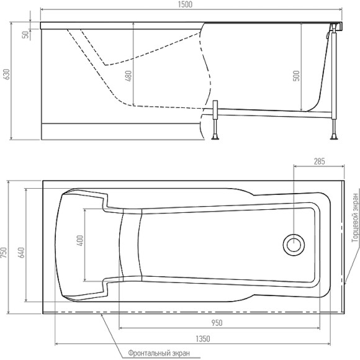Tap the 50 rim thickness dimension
tap(25, 34)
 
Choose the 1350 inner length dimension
tap(199, 338)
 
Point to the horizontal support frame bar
tap(273, 112)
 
